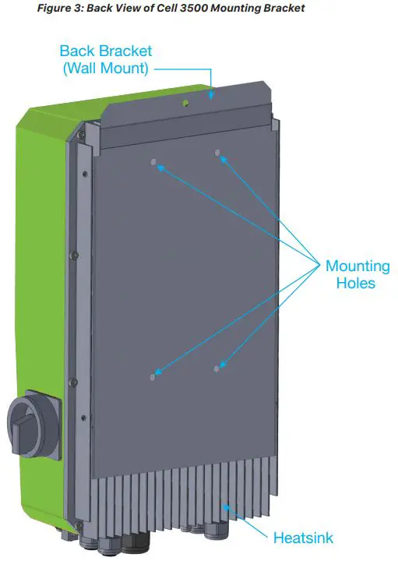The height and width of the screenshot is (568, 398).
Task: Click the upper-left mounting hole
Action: pos(153,164)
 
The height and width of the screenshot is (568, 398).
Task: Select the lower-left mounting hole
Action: pos(153,377)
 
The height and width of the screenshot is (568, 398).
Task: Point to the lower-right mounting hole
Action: pos(217,366)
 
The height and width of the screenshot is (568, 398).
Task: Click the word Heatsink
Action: pos(303,538)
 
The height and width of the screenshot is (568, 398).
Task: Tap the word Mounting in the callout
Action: pos(357,266)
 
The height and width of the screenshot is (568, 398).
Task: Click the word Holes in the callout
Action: pos(355,284)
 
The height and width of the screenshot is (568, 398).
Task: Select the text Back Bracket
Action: pos(106,51)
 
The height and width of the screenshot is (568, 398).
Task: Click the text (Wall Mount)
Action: pos(106,68)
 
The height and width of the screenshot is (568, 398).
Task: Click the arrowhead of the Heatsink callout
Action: pos(225,507)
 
